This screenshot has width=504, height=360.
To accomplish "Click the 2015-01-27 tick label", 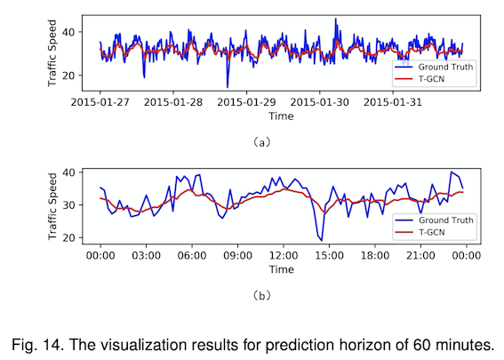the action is (100, 102).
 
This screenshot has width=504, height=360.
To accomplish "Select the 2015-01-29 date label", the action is (246, 102).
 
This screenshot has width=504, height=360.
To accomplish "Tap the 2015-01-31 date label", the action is (393, 102).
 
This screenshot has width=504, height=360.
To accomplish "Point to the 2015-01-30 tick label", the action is (319, 102).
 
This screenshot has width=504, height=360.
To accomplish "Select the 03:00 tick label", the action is (147, 256).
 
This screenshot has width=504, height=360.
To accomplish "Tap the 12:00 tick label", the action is (284, 256).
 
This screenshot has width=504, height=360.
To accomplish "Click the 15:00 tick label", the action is (329, 256).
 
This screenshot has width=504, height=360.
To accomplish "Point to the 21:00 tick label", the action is (420, 256).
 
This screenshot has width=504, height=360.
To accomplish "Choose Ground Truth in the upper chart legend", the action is (445, 67).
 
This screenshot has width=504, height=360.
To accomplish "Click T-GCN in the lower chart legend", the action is (432, 232).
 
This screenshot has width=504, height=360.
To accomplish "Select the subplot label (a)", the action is (262, 142).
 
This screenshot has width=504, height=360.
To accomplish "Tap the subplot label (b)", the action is (262, 295).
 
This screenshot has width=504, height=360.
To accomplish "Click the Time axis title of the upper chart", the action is (281, 116).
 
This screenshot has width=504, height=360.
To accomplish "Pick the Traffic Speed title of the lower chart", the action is (52, 206).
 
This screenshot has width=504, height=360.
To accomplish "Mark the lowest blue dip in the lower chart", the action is (322, 240).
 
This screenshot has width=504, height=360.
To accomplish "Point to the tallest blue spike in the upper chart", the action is (336, 19).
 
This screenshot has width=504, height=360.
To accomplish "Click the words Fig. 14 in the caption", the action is (36, 345).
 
